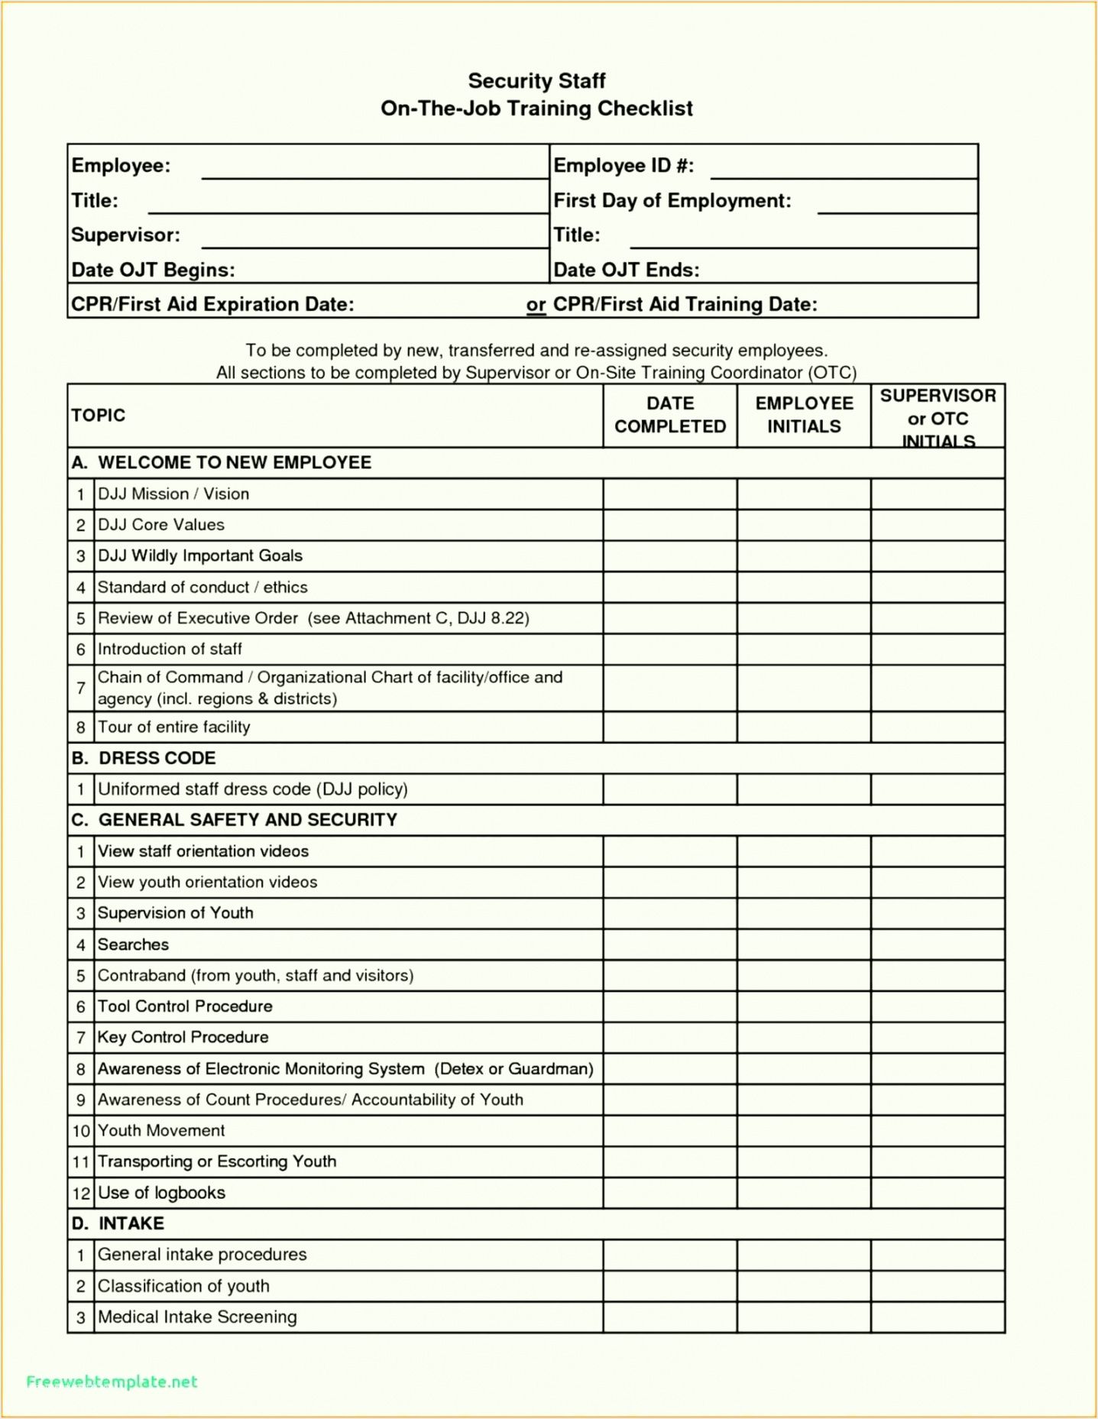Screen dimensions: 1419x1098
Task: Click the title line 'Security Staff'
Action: (536, 81)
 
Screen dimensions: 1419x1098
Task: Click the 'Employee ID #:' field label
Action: (623, 166)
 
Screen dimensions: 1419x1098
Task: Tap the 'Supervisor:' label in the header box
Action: (125, 235)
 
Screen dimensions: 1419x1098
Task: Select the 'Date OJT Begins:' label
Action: (153, 270)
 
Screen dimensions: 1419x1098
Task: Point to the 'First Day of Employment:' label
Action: (672, 201)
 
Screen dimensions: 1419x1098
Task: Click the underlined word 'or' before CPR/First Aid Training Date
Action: (536, 305)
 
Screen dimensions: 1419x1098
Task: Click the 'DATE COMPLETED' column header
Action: (670, 415)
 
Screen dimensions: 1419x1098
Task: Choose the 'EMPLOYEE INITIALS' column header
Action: (804, 415)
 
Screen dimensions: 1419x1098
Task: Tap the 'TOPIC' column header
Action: (99, 416)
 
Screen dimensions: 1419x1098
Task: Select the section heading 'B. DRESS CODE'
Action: (144, 758)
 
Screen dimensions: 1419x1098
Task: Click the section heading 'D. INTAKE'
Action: (118, 1223)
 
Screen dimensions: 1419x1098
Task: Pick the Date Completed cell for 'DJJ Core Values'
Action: (670, 525)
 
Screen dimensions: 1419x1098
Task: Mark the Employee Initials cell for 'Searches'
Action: (804, 944)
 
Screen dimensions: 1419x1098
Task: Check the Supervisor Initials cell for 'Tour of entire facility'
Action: (938, 727)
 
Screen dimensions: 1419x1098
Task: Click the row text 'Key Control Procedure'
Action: (183, 1037)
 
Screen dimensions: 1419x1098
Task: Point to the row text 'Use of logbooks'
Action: (161, 1193)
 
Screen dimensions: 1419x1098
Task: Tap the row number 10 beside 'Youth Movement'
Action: (81, 1131)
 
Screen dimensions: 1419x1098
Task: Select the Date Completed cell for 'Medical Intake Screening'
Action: (670, 1317)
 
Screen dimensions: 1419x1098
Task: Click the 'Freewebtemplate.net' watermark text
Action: (112, 1382)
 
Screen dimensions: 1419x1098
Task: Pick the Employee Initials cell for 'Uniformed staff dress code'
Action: (804, 789)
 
